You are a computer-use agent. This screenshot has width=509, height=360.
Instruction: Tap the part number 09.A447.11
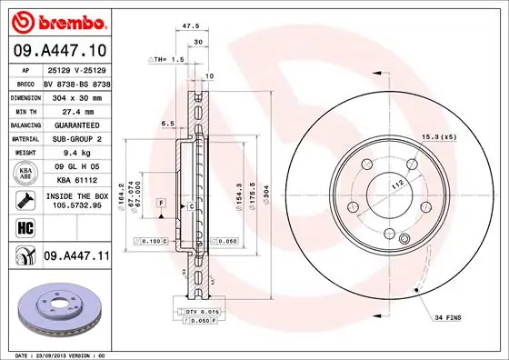click(x=75, y=257)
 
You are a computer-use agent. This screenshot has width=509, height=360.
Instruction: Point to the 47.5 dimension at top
click(x=191, y=27)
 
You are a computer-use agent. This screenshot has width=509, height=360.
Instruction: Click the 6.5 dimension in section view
click(x=167, y=123)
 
